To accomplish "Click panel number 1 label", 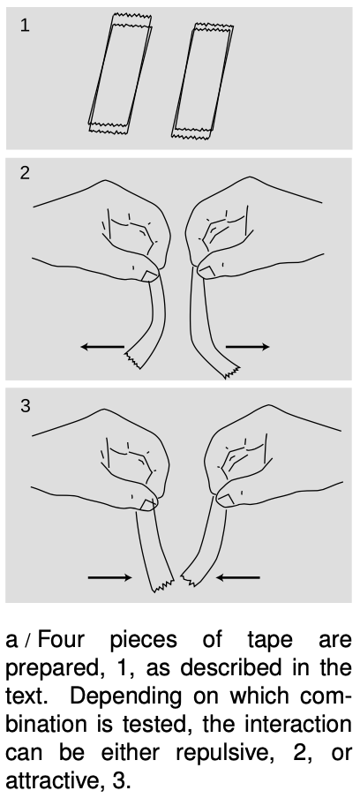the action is click(x=25, y=25).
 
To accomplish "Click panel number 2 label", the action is click(x=25, y=173).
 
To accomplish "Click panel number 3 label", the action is click(x=25, y=405).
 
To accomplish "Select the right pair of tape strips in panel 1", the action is click(x=202, y=81).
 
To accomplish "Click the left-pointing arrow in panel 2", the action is click(x=102, y=347).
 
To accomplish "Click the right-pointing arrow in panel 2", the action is click(x=248, y=347).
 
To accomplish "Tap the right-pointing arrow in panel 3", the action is click(x=109, y=577).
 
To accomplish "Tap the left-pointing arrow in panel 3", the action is click(x=238, y=577).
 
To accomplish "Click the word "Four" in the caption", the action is click(x=61, y=639).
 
